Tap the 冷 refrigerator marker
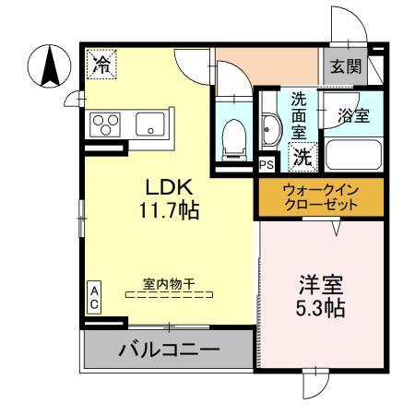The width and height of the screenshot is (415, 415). (101, 64)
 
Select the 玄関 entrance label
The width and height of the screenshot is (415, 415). (342, 66)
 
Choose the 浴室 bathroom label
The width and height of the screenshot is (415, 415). (353, 117)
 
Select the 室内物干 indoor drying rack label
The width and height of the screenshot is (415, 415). (168, 283)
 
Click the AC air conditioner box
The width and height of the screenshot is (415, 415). (94, 296)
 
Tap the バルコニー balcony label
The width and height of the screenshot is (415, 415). (168, 350)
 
